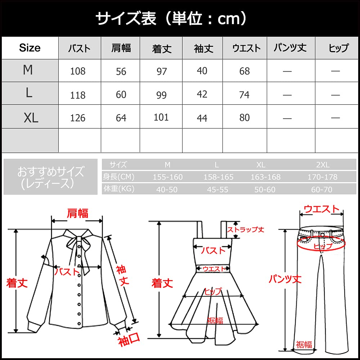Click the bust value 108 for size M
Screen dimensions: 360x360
click(78, 71)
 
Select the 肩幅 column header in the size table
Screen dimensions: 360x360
click(121, 48)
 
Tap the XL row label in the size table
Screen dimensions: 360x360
click(31, 117)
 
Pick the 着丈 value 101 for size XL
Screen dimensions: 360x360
click(161, 117)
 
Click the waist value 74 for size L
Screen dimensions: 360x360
click(244, 94)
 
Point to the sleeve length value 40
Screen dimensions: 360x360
click(202, 71)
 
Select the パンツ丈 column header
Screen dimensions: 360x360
click(290, 48)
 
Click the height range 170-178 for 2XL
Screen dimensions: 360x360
click(322, 177)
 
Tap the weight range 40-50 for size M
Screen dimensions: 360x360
click(167, 189)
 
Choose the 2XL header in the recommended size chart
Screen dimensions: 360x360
click(323, 165)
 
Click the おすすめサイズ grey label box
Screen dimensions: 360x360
click(50, 177)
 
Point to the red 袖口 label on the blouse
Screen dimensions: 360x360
click(129, 340)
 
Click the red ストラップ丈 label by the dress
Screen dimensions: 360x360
click(246, 229)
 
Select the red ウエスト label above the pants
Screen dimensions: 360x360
click(321, 209)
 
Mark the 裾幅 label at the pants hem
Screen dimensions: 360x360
click(304, 345)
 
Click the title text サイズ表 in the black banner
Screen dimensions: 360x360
click(126, 18)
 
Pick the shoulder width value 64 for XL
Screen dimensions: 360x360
click(121, 117)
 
